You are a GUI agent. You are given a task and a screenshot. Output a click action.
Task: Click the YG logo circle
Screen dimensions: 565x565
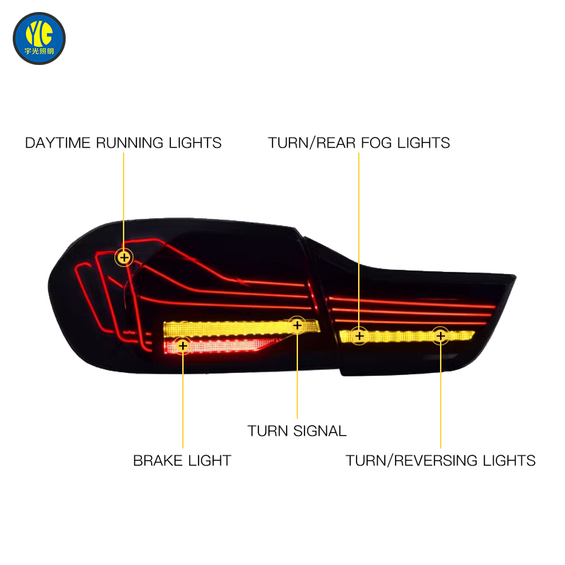pos(40,39)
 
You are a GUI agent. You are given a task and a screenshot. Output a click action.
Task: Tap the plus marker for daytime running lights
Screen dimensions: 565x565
pos(124,258)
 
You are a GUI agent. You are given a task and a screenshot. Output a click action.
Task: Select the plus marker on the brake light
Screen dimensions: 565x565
pos(183,346)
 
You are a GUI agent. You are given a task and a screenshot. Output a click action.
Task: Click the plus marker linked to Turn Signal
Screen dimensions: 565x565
pos(297,326)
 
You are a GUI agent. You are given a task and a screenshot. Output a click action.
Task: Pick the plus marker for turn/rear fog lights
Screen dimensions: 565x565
pos(359,336)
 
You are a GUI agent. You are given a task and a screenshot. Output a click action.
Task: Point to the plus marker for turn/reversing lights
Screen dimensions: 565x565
pos(440,336)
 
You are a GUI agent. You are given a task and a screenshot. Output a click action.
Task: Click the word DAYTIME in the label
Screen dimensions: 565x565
pos(58,143)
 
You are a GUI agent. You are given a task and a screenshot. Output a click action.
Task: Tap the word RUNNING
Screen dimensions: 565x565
pos(130,143)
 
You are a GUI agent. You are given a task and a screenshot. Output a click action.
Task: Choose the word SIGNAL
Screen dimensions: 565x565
pos(320,432)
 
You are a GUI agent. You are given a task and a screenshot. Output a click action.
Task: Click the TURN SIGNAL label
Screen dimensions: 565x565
pos(297,432)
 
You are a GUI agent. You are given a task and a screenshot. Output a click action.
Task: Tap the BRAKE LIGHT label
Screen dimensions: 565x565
pos(182,461)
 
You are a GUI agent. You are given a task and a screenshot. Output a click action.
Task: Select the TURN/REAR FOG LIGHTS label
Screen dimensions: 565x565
pos(359,143)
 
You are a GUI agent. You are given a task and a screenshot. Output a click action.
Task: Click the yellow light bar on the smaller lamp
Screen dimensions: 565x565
pos(408,337)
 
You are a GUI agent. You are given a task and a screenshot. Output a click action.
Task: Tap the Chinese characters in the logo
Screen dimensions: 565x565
pos(40,51)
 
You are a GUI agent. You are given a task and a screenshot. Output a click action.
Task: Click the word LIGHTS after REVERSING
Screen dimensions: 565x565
pos(509,461)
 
